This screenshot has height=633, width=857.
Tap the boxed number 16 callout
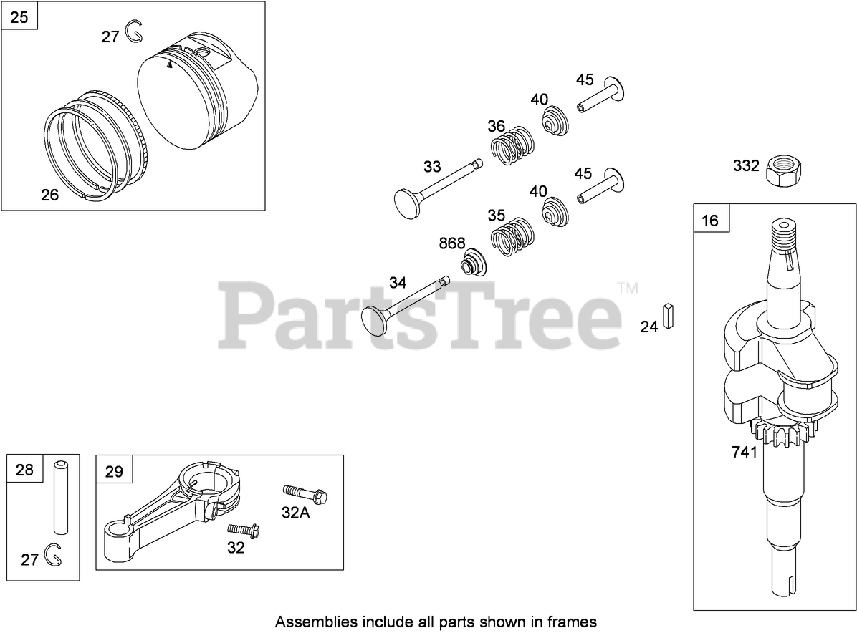click(710, 220)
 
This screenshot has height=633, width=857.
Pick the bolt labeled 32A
click(305, 494)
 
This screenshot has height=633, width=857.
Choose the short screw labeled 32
click(244, 532)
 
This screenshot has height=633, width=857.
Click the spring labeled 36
click(510, 147)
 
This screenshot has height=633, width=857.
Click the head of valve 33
click(406, 201)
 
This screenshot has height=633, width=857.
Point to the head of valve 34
click(374, 317)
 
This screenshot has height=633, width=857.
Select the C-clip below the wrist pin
click(52, 554)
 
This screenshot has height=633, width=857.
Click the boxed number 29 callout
click(114, 471)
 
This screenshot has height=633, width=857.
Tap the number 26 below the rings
click(49, 194)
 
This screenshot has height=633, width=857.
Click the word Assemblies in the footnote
click(310, 621)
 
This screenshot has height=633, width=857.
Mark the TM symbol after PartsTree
click(627, 289)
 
